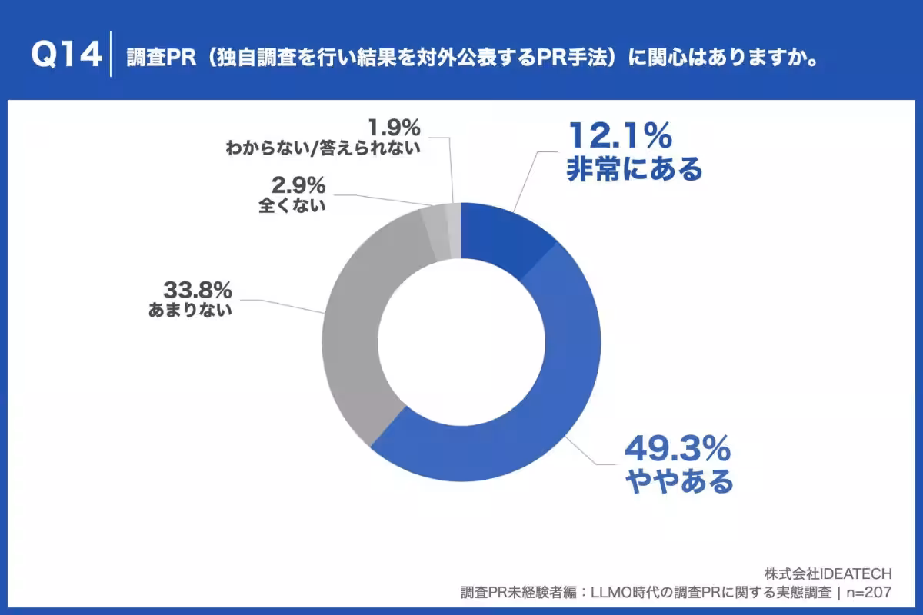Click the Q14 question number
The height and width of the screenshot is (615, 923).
[67, 54]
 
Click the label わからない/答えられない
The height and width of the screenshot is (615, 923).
[323, 148]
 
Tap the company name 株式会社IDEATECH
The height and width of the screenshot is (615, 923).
[828, 573]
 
